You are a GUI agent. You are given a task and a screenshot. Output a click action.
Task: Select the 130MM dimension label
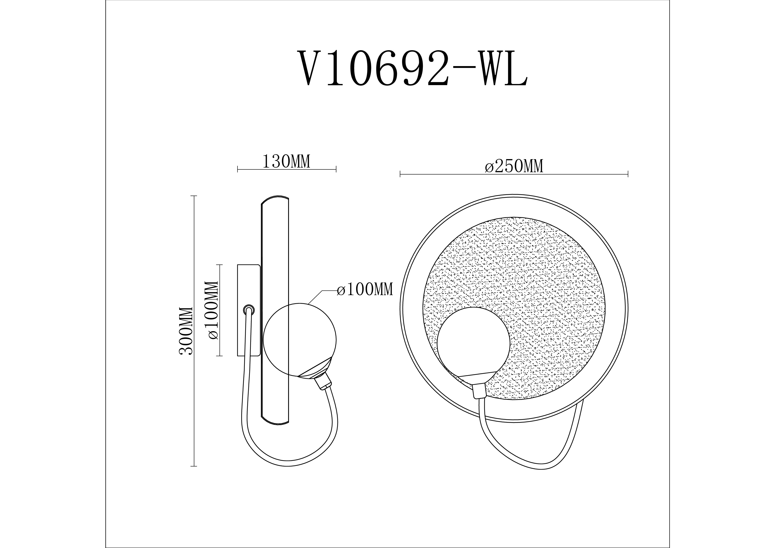click(x=286, y=162)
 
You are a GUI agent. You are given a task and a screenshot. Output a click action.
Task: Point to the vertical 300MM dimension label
click(x=186, y=331)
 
